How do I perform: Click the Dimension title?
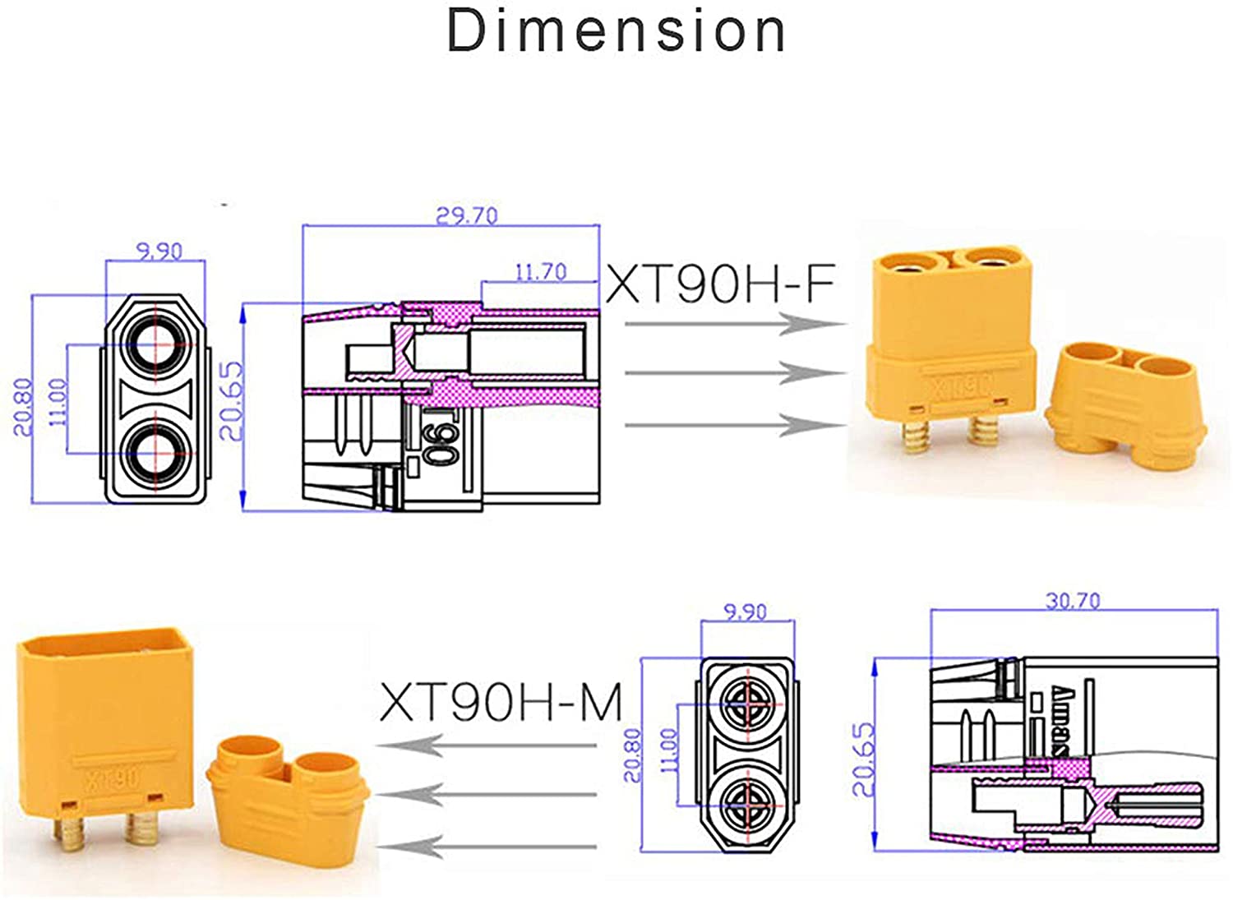pyautogui.click(x=616, y=31)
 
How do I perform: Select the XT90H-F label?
pyautogui.click(x=720, y=284)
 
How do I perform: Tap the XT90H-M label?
pyautogui.click(x=501, y=703)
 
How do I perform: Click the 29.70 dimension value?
pyautogui.click(x=466, y=215)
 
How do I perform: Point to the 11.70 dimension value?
pyautogui.click(x=540, y=271)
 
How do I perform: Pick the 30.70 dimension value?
pyautogui.click(x=1072, y=601)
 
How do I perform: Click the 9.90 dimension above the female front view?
pyautogui.click(x=159, y=251)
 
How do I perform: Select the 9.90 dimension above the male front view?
pyautogui.click(x=745, y=612)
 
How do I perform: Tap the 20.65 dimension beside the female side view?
pyautogui.click(x=233, y=401)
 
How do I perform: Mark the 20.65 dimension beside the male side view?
pyautogui.click(x=863, y=759)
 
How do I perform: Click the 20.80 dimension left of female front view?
pyautogui.click(x=23, y=406)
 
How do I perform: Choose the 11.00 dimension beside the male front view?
pyautogui.click(x=670, y=750)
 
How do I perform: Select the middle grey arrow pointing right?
pyautogui.click(x=736, y=373)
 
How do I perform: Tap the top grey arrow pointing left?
pyautogui.click(x=490, y=745)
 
